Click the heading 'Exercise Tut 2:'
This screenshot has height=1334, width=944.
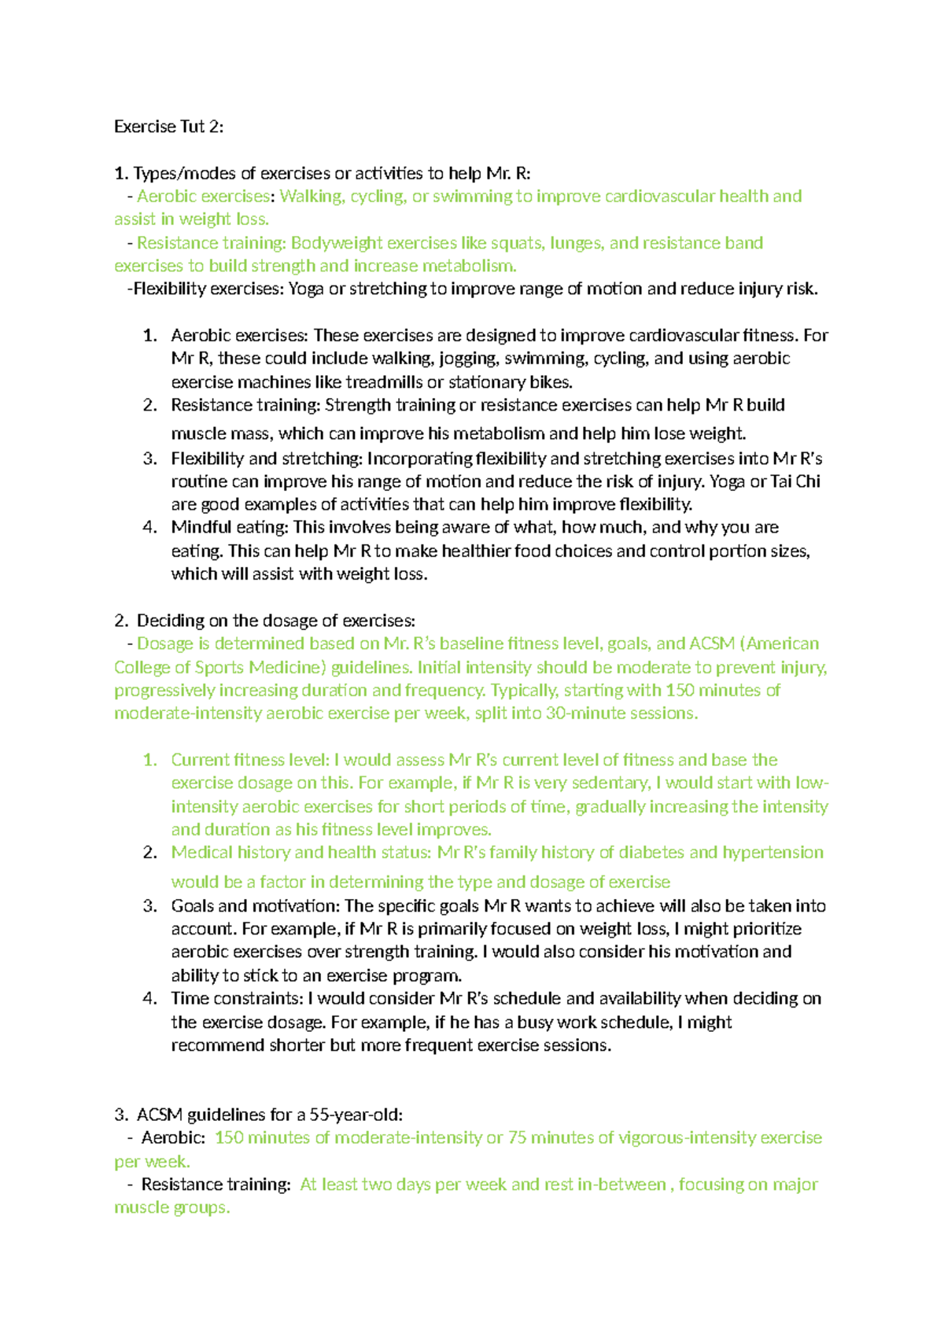168,127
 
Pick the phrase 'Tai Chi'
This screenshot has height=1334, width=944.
795,481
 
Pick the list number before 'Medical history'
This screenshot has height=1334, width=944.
150,853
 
